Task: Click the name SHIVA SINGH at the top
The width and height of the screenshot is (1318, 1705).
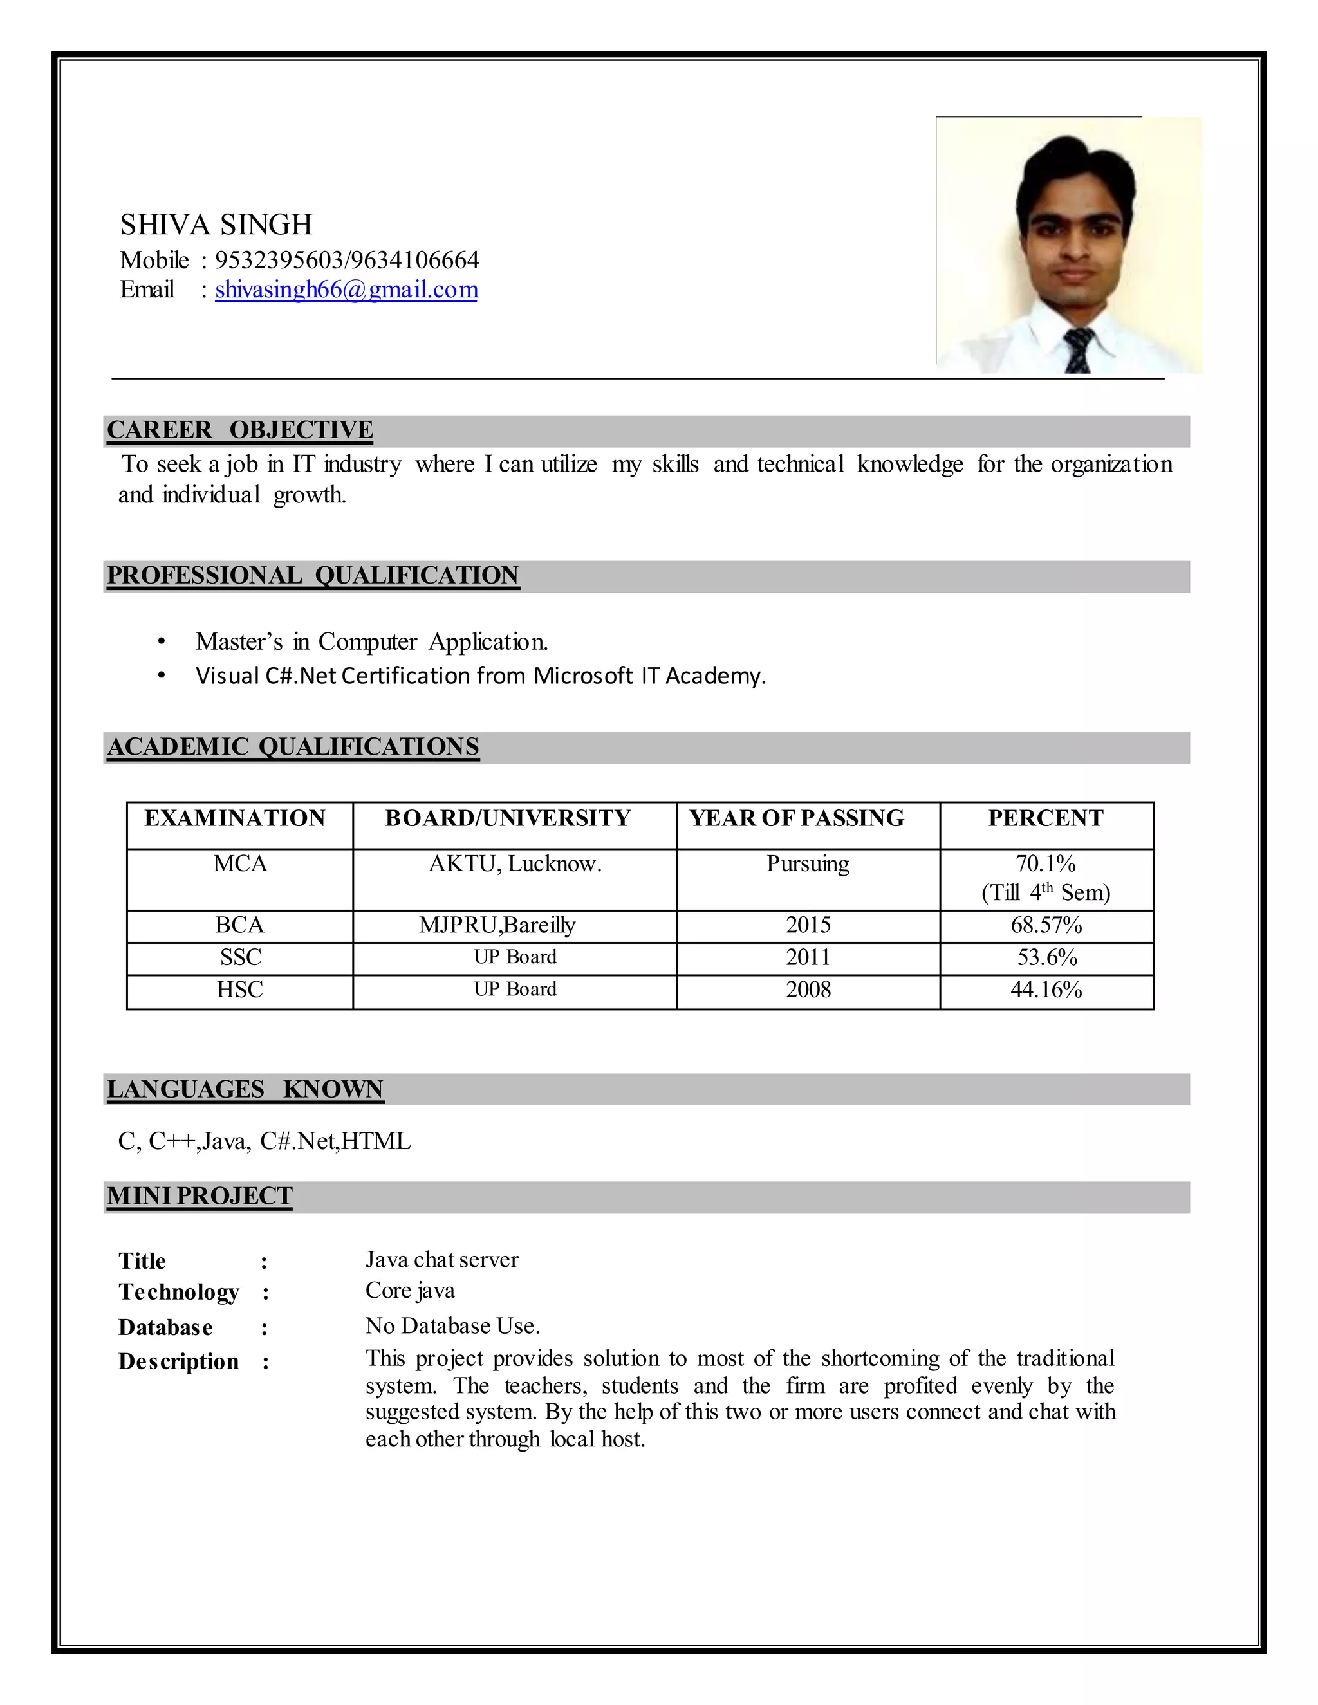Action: click(x=216, y=225)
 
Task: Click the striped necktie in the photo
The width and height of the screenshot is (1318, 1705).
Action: click(x=1079, y=351)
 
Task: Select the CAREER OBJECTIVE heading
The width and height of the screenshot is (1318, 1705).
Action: click(x=239, y=430)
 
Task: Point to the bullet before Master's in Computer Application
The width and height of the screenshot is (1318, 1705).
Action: click(x=162, y=641)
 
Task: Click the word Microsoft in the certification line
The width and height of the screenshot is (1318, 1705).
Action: click(x=582, y=676)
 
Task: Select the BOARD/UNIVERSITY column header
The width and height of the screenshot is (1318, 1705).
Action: click(x=508, y=818)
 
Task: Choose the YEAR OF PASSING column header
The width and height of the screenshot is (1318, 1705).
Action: click(x=797, y=818)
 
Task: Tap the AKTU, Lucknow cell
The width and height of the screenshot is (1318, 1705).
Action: click(x=515, y=863)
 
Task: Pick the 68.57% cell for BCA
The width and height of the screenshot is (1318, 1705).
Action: click(x=1046, y=925)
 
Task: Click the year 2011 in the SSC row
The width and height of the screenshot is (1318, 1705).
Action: click(x=808, y=957)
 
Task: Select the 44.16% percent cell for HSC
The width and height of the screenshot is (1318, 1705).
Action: click(x=1046, y=990)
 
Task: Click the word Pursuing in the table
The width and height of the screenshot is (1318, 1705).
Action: click(x=808, y=863)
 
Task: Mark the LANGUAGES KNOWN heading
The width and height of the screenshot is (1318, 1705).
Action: click(x=245, y=1089)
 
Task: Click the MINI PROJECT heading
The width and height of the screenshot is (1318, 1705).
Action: click(x=200, y=1196)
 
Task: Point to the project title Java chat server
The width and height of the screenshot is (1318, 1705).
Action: click(x=442, y=1259)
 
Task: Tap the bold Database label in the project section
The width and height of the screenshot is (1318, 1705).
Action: click(x=165, y=1327)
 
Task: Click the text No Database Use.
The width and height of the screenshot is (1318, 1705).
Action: click(x=453, y=1325)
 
